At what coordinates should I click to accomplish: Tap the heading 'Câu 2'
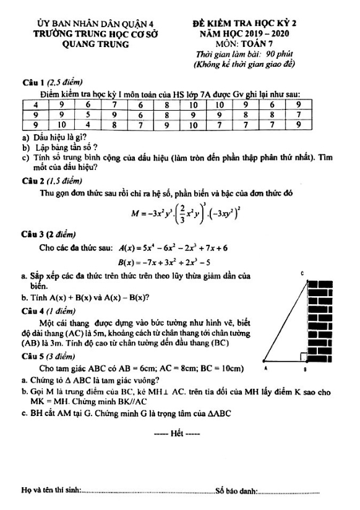point(28,181)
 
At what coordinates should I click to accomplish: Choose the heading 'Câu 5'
point(28,356)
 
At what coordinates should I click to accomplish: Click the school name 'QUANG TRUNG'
point(96,45)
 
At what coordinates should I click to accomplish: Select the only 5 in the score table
point(88,114)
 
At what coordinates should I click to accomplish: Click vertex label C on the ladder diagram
point(301,273)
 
